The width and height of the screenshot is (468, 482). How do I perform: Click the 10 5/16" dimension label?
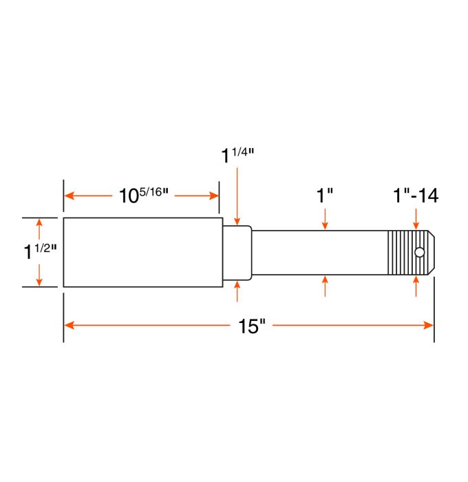pyautogui.click(x=142, y=196)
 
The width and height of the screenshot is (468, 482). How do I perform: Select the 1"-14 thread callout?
pyautogui.click(x=416, y=195)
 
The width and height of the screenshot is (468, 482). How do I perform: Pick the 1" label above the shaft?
pyautogui.click(x=325, y=195)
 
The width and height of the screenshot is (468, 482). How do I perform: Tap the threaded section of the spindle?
pyautogui.click(x=405, y=253)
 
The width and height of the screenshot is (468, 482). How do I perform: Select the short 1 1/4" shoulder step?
pyautogui.click(x=237, y=253)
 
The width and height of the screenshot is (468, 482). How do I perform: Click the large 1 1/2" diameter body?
pyautogui.click(x=142, y=252)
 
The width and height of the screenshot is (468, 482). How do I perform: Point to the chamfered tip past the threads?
pyautogui.click(x=429, y=253)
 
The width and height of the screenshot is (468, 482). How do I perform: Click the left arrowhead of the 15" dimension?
pyautogui.click(x=68, y=325)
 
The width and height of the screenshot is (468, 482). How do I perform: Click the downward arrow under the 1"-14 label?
pyautogui.click(x=416, y=223)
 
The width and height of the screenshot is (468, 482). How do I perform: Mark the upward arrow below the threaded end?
pyautogui.click(x=416, y=283)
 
